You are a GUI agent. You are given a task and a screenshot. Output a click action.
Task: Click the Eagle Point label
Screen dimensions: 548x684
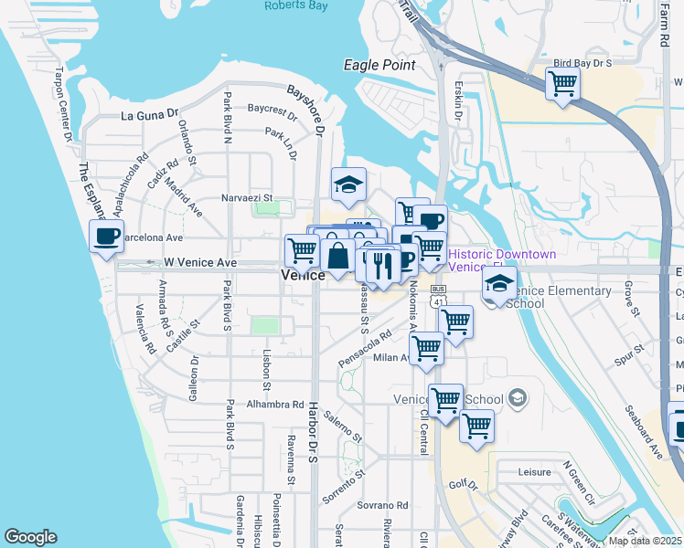point(379,65)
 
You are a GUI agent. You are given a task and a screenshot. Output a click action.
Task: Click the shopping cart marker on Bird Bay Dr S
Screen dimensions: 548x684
point(562,84)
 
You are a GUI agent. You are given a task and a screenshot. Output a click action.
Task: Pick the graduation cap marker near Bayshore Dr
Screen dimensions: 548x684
point(348,184)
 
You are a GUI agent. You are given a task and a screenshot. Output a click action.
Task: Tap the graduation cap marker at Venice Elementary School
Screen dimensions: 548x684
point(499,283)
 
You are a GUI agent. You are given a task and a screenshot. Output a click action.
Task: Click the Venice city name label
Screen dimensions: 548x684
point(303,275)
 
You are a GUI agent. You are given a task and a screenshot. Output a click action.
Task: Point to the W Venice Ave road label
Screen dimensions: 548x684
point(200,263)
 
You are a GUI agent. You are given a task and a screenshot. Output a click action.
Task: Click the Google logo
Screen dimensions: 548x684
point(30,537)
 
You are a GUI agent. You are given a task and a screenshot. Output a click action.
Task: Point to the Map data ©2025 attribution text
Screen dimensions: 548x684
point(645,540)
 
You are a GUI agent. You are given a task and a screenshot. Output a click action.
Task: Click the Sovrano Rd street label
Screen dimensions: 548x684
point(382,504)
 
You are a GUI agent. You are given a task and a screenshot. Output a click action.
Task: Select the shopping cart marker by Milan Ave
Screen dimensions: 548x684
point(426,348)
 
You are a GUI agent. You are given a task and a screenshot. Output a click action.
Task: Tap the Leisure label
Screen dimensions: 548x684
point(534,472)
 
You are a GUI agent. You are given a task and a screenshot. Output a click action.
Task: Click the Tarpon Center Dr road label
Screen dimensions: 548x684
point(65,104)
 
